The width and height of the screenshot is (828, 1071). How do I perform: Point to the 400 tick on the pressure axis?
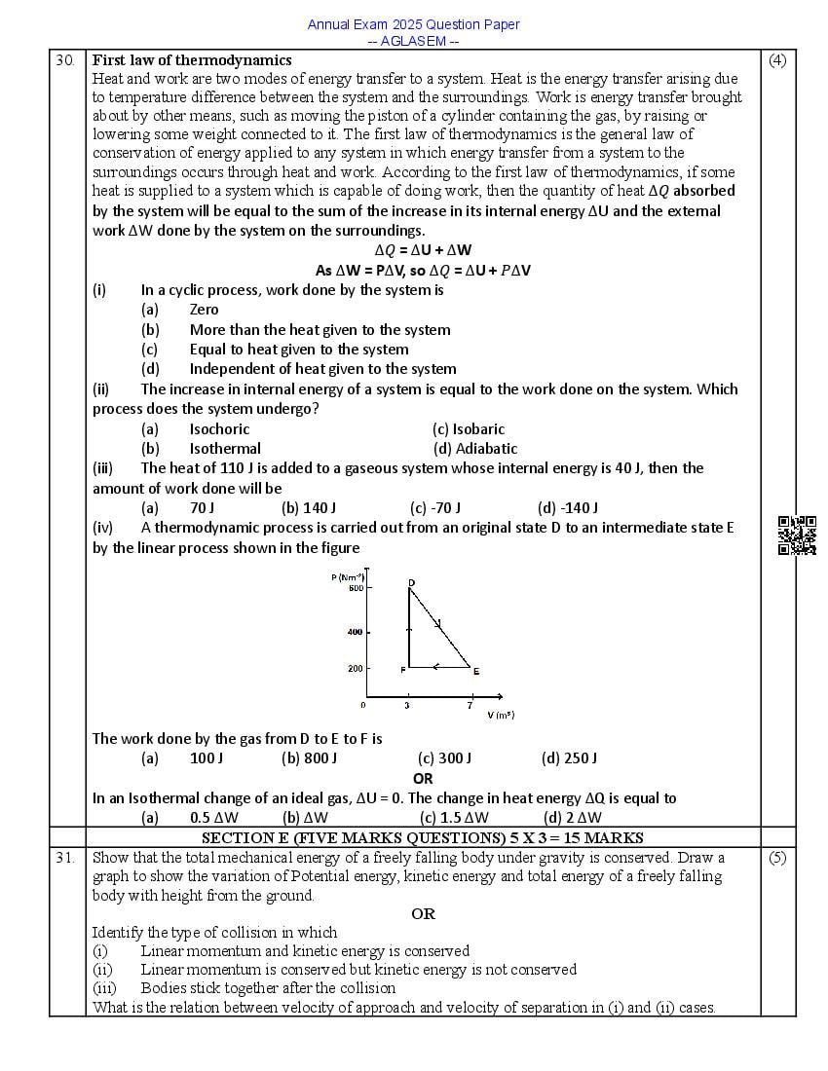click(355, 632)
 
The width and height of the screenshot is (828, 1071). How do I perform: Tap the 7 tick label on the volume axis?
click(470, 706)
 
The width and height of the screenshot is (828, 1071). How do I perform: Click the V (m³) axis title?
click(501, 716)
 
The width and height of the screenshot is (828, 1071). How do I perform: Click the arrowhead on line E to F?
click(435, 667)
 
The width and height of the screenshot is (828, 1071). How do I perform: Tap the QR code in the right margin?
click(797, 535)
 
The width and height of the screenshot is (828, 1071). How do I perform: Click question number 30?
click(65, 60)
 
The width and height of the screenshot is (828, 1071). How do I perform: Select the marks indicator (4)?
click(777, 60)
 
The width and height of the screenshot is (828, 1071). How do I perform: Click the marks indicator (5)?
click(777, 858)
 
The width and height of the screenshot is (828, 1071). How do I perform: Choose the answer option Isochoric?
click(219, 429)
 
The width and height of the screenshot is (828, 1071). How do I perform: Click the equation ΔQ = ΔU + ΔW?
click(423, 250)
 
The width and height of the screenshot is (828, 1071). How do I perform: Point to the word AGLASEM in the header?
click(413, 41)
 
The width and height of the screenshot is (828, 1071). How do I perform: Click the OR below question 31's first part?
click(423, 914)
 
